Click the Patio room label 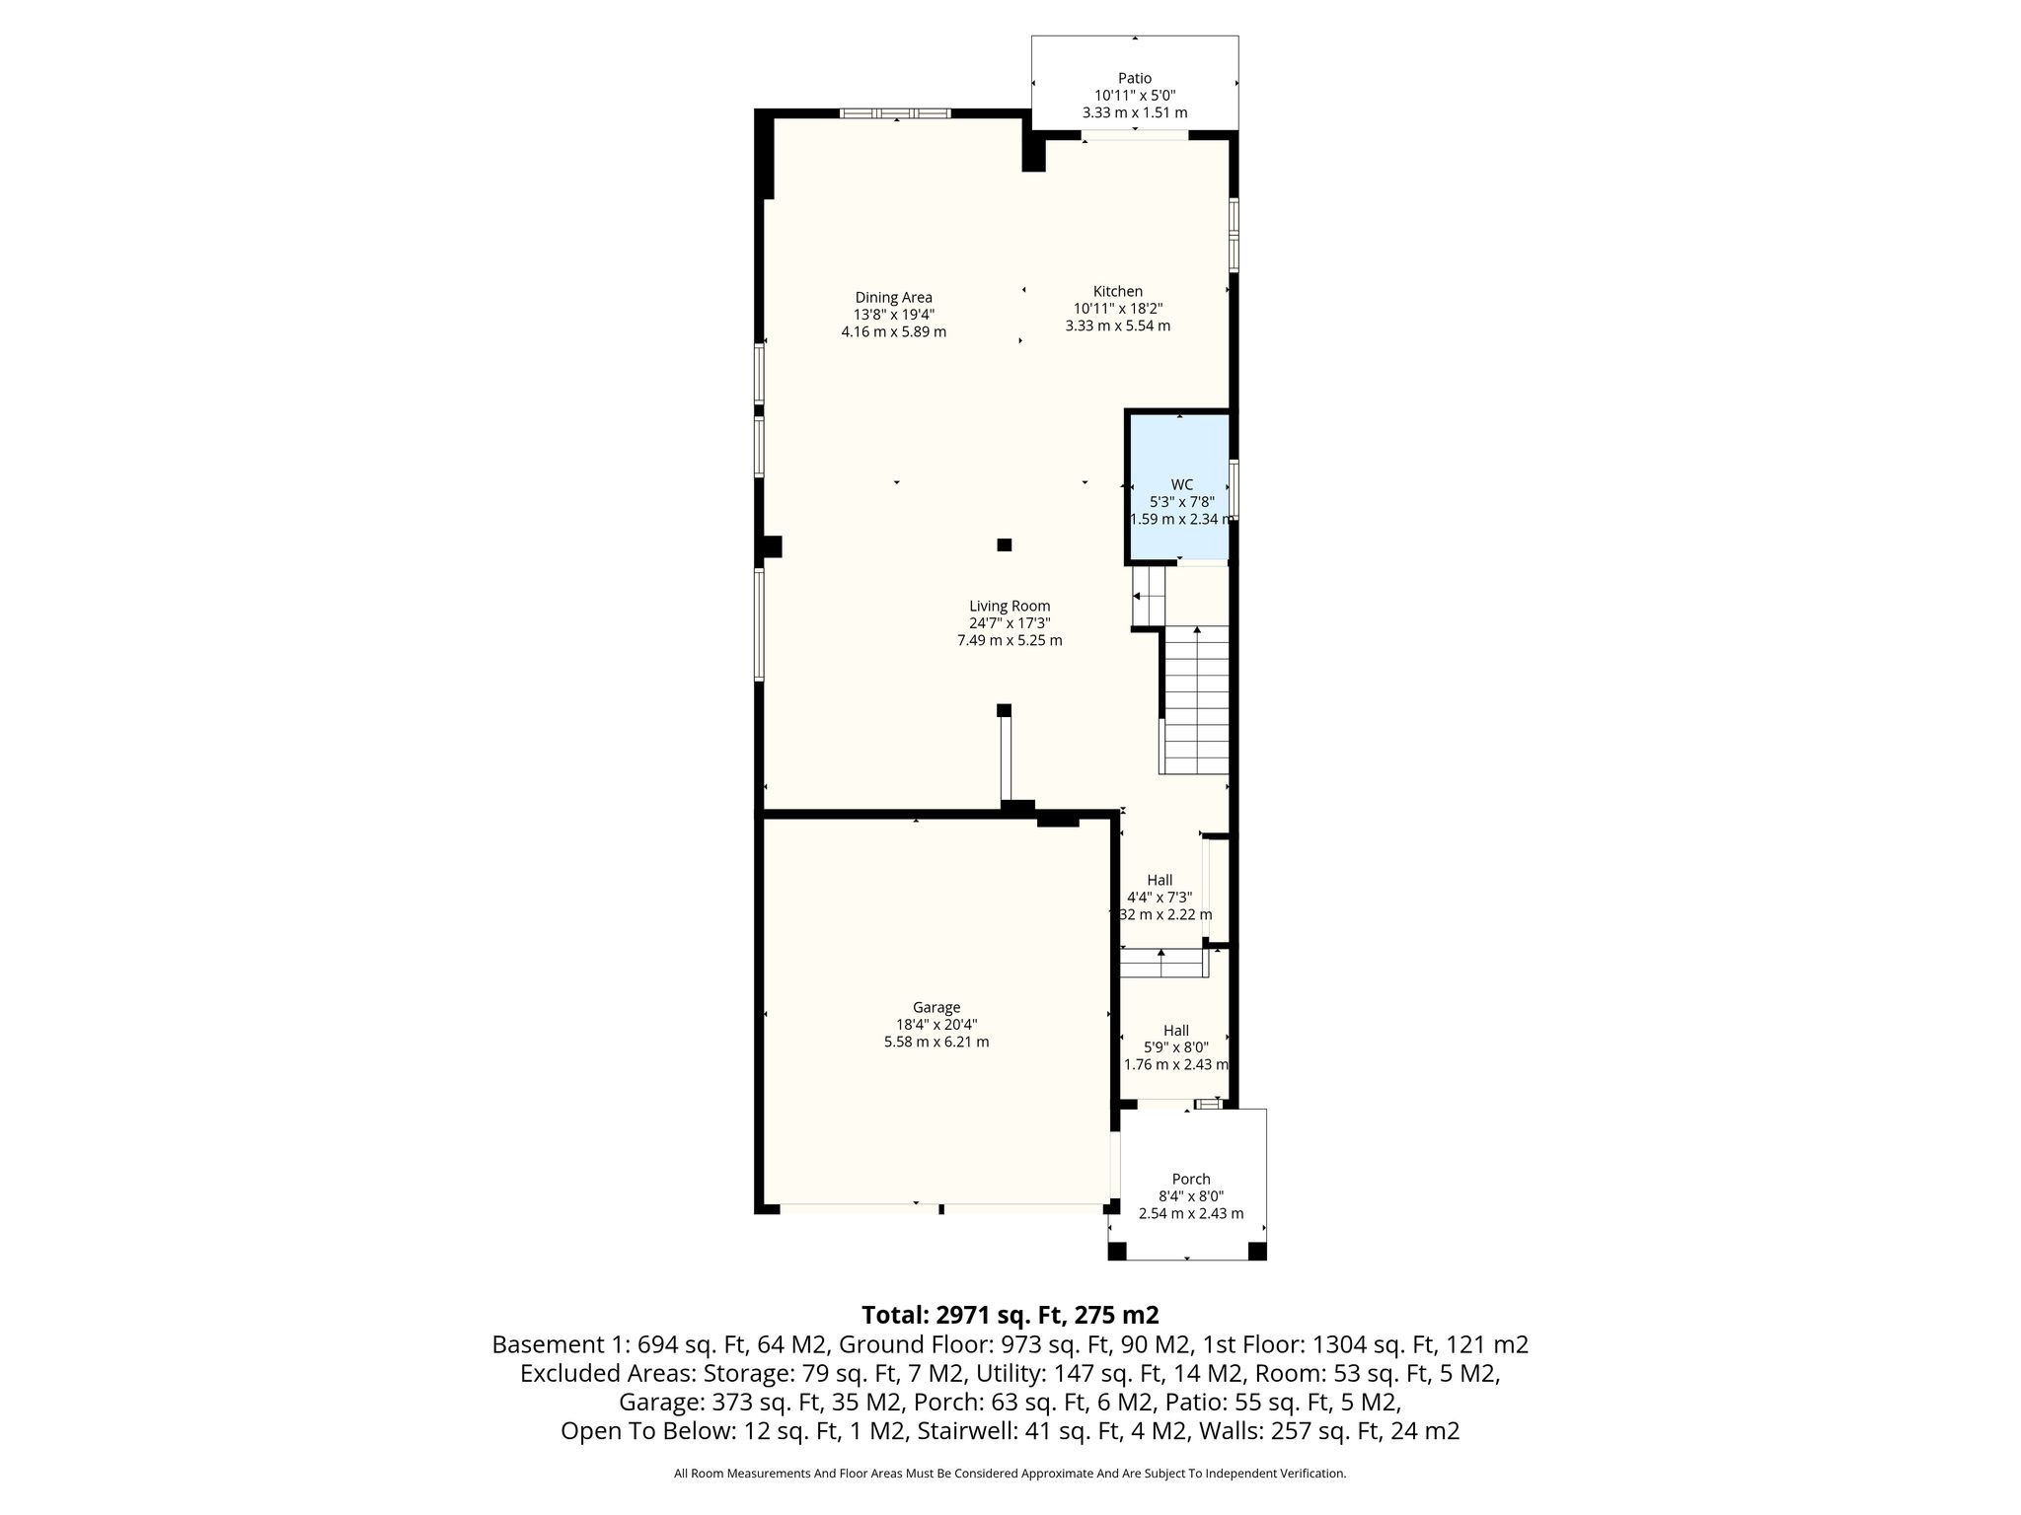1134,78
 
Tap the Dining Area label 893,297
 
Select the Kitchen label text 1117,291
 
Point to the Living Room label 1010,606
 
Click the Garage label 936,1007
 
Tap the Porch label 1191,1179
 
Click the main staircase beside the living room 1196,699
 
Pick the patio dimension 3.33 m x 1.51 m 1135,112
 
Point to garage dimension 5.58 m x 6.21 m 936,1042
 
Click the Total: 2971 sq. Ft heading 1010,1315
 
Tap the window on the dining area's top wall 895,113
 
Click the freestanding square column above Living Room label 1005,544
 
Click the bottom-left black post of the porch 1117,1251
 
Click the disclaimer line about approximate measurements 1010,1474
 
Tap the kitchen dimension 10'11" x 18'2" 1118,308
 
